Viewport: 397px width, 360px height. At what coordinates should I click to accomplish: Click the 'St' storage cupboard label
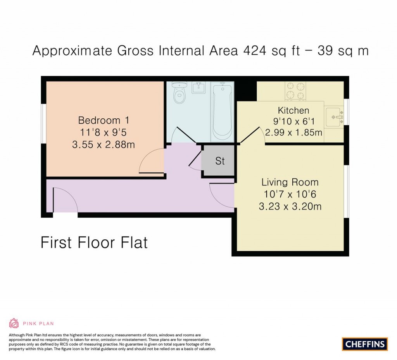[220, 161]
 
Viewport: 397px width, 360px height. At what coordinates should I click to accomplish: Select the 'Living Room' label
[290, 182]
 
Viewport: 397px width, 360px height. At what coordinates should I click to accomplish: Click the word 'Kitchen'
[293, 111]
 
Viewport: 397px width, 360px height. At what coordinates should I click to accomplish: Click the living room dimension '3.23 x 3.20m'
[290, 206]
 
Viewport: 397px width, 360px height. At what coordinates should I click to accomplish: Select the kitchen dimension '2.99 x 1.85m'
[293, 133]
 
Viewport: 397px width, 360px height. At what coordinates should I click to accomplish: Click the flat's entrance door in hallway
[65, 200]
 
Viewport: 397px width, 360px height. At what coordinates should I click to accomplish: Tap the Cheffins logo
[364, 344]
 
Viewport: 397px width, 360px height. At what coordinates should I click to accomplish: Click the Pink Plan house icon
[14, 323]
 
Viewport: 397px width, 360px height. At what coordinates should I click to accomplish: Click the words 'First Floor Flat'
[94, 243]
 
